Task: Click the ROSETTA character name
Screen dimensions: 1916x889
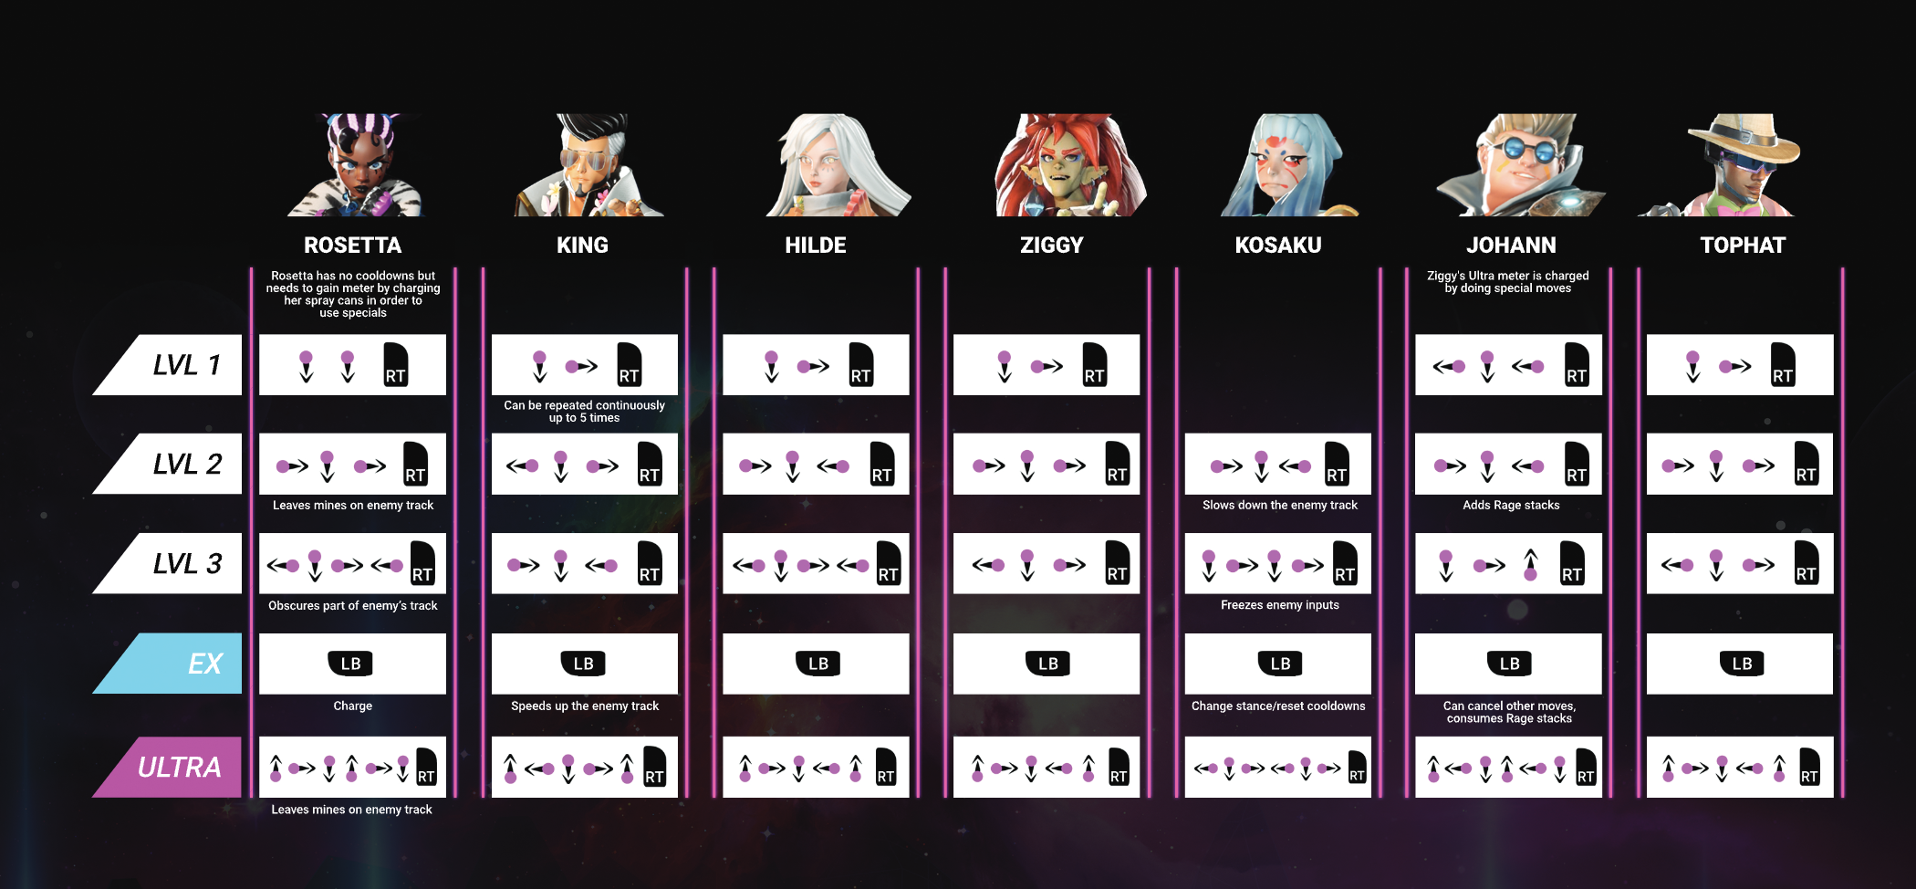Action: pos(352,245)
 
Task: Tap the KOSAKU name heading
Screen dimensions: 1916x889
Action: pos(1277,245)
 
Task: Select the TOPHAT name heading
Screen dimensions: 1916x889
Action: pos(1743,245)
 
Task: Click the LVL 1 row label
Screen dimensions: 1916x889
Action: pos(186,365)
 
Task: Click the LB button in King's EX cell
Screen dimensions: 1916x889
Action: pos(584,664)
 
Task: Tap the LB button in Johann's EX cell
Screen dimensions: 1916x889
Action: pos(1509,664)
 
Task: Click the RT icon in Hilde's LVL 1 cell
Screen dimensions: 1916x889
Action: pos(860,365)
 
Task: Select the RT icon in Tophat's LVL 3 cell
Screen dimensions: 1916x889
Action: pos(1806,562)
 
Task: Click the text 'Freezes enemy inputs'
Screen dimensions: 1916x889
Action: pos(1279,605)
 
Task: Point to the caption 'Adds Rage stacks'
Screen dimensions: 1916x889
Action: pos(1511,506)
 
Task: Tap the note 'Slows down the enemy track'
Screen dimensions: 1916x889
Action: pos(1279,506)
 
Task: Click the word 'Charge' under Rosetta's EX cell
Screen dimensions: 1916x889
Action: pos(352,706)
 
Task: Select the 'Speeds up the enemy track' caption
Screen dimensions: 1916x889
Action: pos(585,706)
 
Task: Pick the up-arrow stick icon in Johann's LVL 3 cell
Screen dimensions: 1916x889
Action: pos(1530,564)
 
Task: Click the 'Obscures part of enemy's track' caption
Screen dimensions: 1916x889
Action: pos(352,605)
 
